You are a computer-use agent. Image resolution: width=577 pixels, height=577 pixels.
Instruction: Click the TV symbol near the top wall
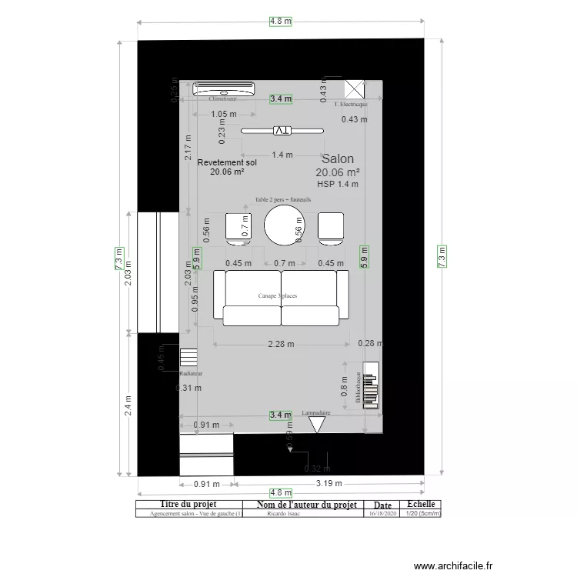pyautogui.click(x=282, y=131)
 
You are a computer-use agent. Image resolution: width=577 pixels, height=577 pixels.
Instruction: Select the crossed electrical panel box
pyautogui.click(x=355, y=88)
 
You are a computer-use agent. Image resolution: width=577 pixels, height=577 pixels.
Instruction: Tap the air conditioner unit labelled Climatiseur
pyautogui.click(x=222, y=88)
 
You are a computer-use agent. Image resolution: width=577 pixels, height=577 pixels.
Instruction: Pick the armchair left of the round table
pyautogui.click(x=238, y=228)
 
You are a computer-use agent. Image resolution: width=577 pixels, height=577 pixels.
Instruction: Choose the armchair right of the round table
pyautogui.click(x=332, y=228)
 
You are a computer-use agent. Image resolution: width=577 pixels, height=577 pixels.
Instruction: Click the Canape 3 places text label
pyautogui.click(x=278, y=295)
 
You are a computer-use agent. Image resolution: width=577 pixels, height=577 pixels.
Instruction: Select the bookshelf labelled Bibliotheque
pyautogui.click(x=370, y=385)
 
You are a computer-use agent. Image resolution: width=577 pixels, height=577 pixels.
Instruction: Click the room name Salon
pyautogui.click(x=338, y=158)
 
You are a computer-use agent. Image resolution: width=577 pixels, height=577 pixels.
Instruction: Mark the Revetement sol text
pyautogui.click(x=227, y=163)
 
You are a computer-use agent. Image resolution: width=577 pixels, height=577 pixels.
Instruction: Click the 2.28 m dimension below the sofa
pyautogui.click(x=281, y=345)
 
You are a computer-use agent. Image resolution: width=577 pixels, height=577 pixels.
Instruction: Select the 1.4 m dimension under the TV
pyautogui.click(x=282, y=155)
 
